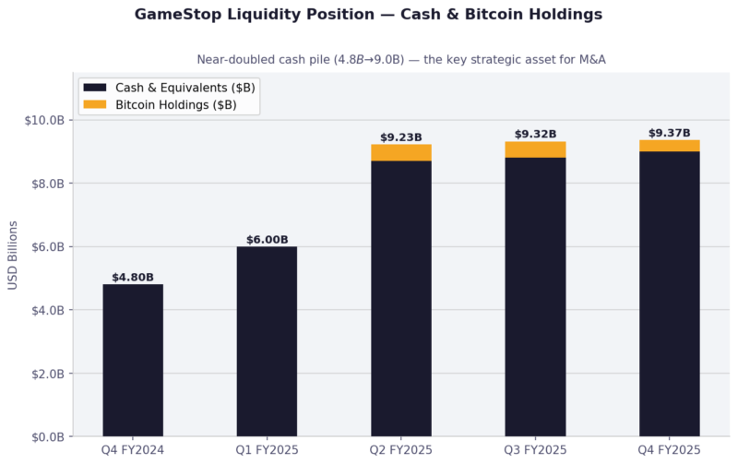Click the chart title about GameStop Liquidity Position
pos(369,15)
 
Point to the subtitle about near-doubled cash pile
pos(401,59)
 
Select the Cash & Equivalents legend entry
pos(169,87)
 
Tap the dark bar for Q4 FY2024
pos(133,360)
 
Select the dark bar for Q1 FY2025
pos(267,341)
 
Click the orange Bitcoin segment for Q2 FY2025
pos(401,152)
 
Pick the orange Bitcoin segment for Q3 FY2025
pos(535,149)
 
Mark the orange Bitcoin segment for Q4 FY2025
pos(670,146)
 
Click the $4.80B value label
pos(133,277)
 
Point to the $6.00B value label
pos(267,239)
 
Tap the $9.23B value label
pos(401,137)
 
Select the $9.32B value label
pos(535,134)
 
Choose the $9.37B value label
pos(670,133)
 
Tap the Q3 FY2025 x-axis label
pos(535,450)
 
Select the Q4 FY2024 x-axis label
pos(133,450)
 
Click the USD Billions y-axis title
pos(13,255)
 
